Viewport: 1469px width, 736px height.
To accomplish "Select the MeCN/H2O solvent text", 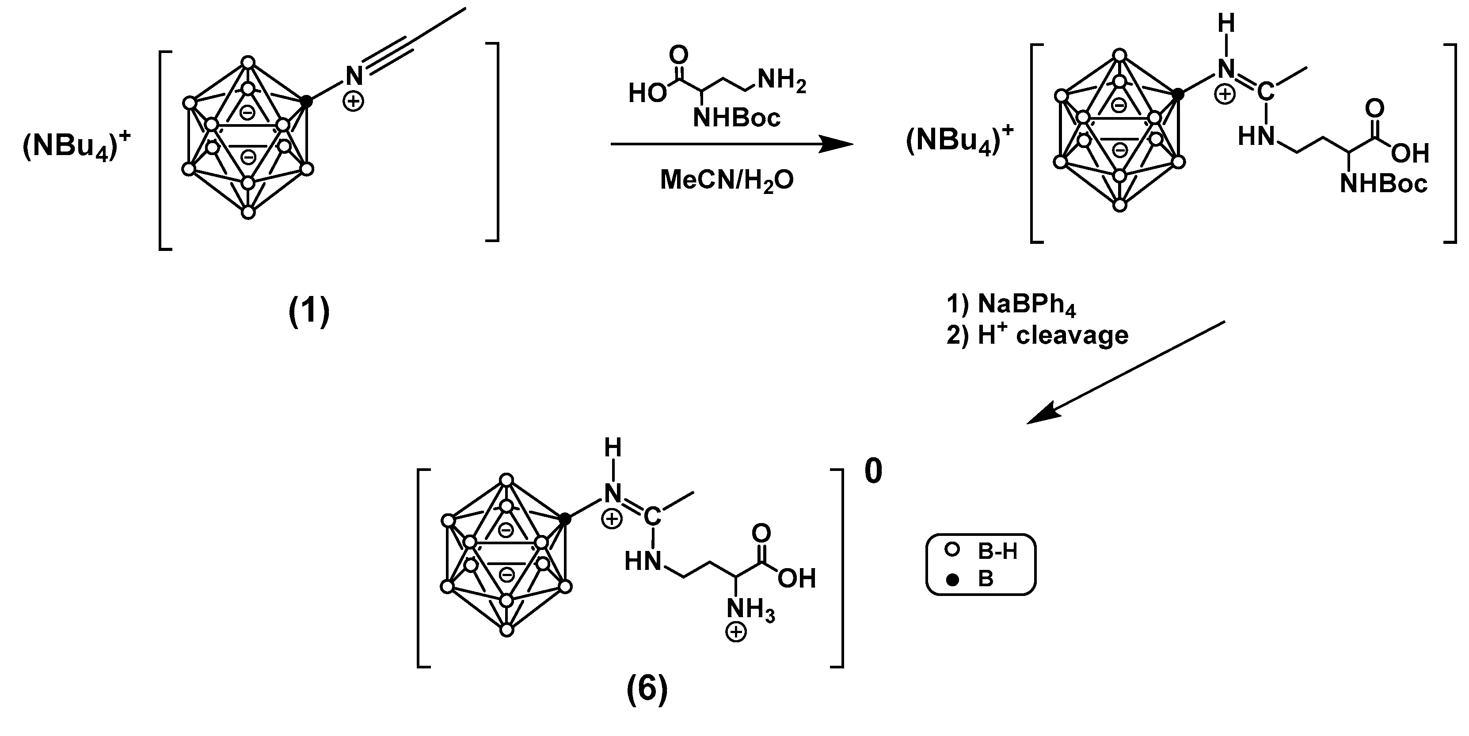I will [727, 180].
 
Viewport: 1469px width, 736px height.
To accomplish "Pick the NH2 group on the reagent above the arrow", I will [781, 82].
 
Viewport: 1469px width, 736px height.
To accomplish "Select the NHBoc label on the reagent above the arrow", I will [736, 118].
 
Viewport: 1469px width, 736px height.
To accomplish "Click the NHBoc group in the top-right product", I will [1383, 184].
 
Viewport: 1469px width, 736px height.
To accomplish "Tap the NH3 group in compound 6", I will [750, 609].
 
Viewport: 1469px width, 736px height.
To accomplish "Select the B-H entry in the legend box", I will [997, 551].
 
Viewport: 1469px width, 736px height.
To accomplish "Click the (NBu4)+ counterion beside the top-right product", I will [959, 140].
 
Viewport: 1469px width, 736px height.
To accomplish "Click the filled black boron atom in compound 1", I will [306, 102].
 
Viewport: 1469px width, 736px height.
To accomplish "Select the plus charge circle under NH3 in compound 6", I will [736, 633].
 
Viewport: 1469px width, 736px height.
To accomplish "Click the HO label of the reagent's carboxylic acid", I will [647, 93].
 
